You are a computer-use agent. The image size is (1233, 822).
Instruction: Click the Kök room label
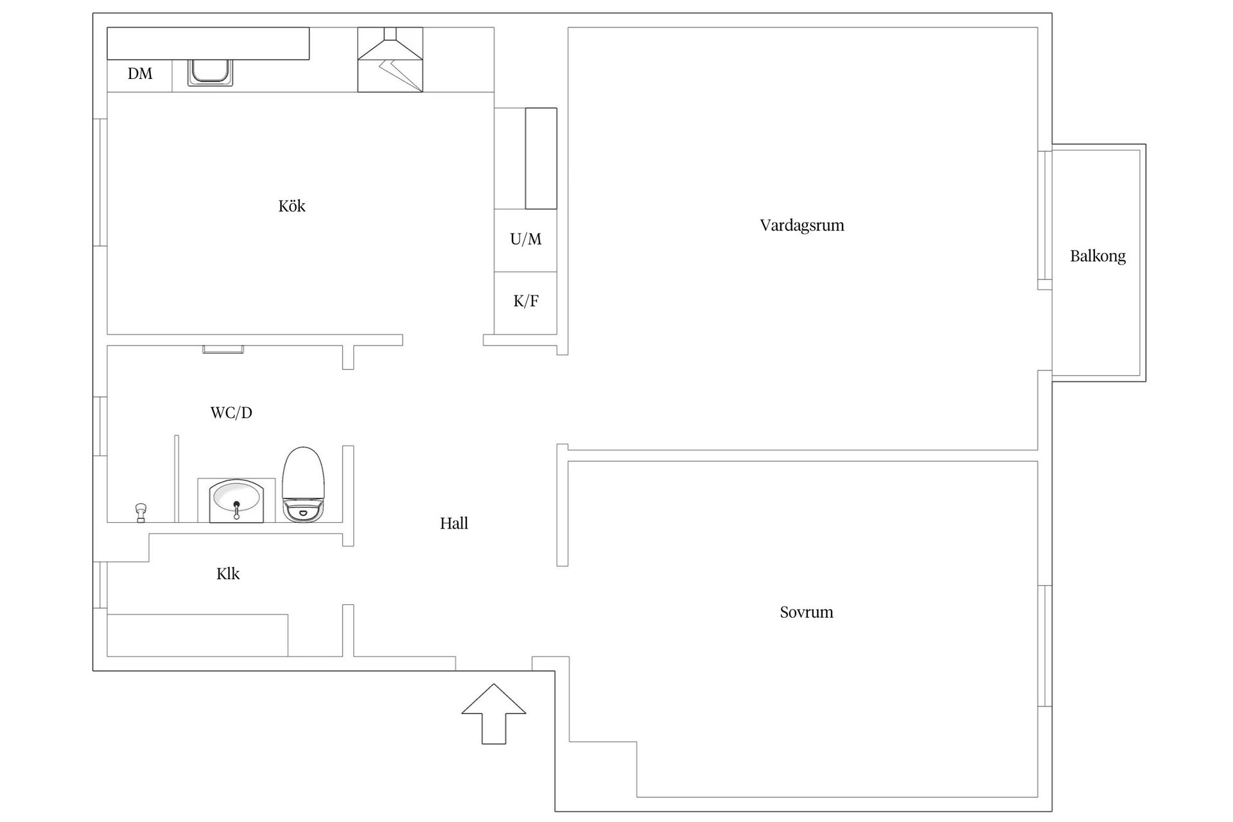tap(292, 206)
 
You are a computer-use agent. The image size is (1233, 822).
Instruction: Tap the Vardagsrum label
tap(802, 225)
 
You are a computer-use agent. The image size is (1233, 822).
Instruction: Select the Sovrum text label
tap(807, 612)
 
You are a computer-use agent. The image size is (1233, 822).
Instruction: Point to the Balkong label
tap(1097, 256)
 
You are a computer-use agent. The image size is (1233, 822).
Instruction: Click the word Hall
tap(454, 523)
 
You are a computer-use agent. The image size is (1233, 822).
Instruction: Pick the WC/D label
tap(231, 412)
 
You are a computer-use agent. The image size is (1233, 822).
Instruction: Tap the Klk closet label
tap(228, 573)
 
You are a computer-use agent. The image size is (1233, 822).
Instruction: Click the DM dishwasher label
tap(140, 74)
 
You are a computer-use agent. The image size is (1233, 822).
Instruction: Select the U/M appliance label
tap(526, 239)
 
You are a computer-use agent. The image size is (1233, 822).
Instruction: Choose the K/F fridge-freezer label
tap(526, 301)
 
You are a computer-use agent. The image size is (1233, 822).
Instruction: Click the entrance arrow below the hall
tap(494, 714)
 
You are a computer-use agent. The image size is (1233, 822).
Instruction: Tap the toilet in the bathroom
tap(304, 484)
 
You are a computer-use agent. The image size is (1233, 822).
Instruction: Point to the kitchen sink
tap(210, 73)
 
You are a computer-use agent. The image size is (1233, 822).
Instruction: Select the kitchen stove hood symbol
tap(390, 60)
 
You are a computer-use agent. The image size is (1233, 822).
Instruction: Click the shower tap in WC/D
tap(141, 513)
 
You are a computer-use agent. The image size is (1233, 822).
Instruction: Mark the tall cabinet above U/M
tap(541, 158)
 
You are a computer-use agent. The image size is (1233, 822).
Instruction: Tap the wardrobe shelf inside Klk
tap(197, 635)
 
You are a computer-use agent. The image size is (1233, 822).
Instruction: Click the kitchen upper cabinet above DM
tap(208, 44)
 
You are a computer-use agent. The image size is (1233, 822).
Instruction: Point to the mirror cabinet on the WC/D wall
tap(223, 349)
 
